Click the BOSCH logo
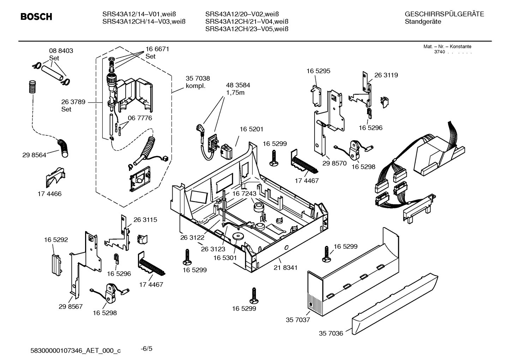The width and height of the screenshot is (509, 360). (36, 17)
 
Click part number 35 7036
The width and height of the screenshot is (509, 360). (331, 333)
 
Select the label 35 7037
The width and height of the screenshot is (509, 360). (298, 320)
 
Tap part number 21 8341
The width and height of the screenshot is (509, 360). (285, 268)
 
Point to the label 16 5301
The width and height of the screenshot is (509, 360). (225, 258)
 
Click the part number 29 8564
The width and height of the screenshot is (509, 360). (34, 155)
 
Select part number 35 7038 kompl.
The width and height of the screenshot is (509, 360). (198, 82)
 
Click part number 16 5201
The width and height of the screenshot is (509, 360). (251, 130)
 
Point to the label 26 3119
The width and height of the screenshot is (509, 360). (386, 75)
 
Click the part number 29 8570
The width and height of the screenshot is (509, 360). (334, 163)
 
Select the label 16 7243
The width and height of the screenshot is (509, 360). (244, 194)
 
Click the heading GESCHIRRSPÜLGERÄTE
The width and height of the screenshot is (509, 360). (444, 14)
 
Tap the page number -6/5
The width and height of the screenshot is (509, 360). (146, 349)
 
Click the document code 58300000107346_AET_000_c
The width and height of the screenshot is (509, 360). (76, 350)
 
